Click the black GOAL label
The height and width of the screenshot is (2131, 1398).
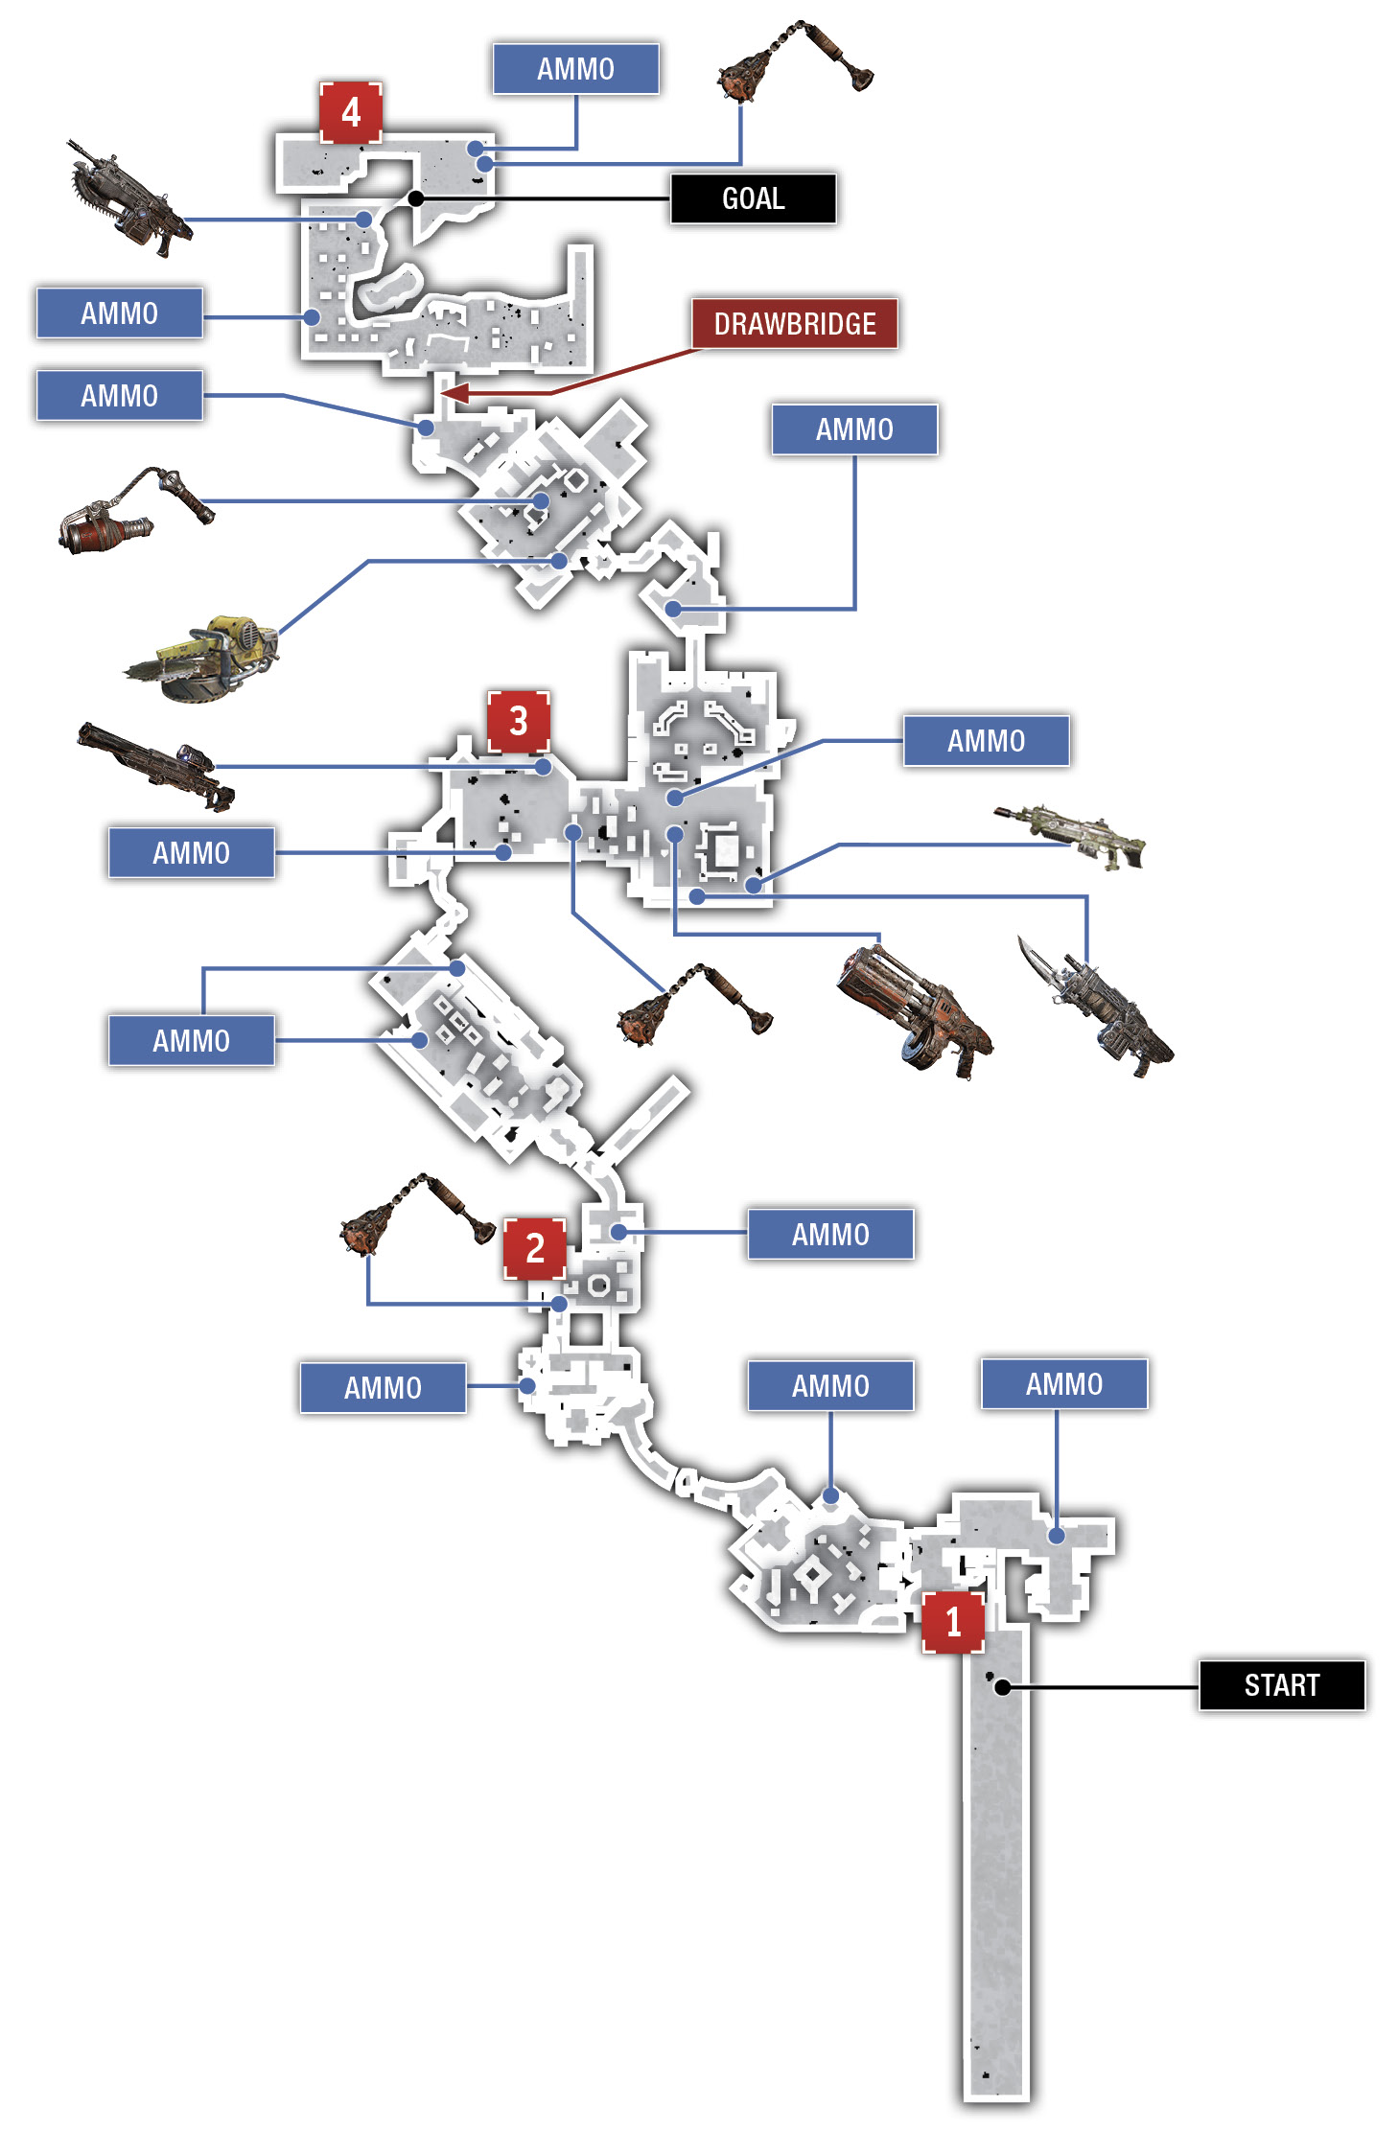(x=753, y=198)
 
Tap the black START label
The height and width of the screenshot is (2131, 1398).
(x=1282, y=1684)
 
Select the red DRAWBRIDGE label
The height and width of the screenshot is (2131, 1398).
(x=795, y=324)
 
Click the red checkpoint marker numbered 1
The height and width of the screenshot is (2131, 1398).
(x=953, y=1622)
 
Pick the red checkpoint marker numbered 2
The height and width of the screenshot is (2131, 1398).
(x=535, y=1248)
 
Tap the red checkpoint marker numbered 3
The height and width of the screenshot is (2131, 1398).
(x=519, y=721)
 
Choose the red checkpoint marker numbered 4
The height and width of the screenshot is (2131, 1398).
(x=351, y=112)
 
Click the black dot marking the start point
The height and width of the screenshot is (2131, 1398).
(x=1002, y=1687)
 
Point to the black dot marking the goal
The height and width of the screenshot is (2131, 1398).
(x=416, y=198)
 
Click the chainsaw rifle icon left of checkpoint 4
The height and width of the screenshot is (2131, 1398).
(x=129, y=197)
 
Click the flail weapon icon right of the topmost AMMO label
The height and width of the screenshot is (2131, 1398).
(x=795, y=59)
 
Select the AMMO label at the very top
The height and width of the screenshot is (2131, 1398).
(x=575, y=69)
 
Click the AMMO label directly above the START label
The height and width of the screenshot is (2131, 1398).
(x=1064, y=1383)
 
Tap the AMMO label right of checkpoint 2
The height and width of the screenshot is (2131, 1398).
(x=830, y=1234)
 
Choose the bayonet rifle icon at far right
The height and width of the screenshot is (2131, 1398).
(x=1095, y=1007)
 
